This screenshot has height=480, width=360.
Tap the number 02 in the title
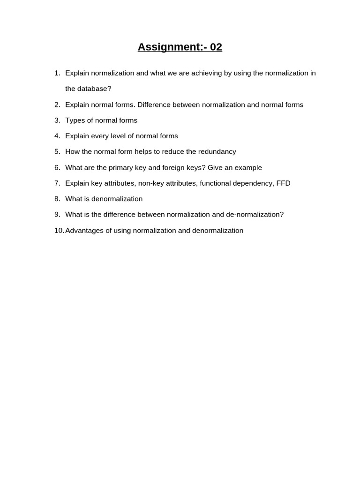[x=216, y=47]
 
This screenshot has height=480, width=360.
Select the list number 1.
[x=57, y=73]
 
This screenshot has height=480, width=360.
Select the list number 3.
[x=57, y=120]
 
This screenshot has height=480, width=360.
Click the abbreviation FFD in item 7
[x=284, y=183]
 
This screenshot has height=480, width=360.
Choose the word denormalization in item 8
[x=117, y=199]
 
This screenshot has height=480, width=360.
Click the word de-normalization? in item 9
[x=255, y=215]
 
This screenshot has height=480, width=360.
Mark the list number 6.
[x=57, y=168]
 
